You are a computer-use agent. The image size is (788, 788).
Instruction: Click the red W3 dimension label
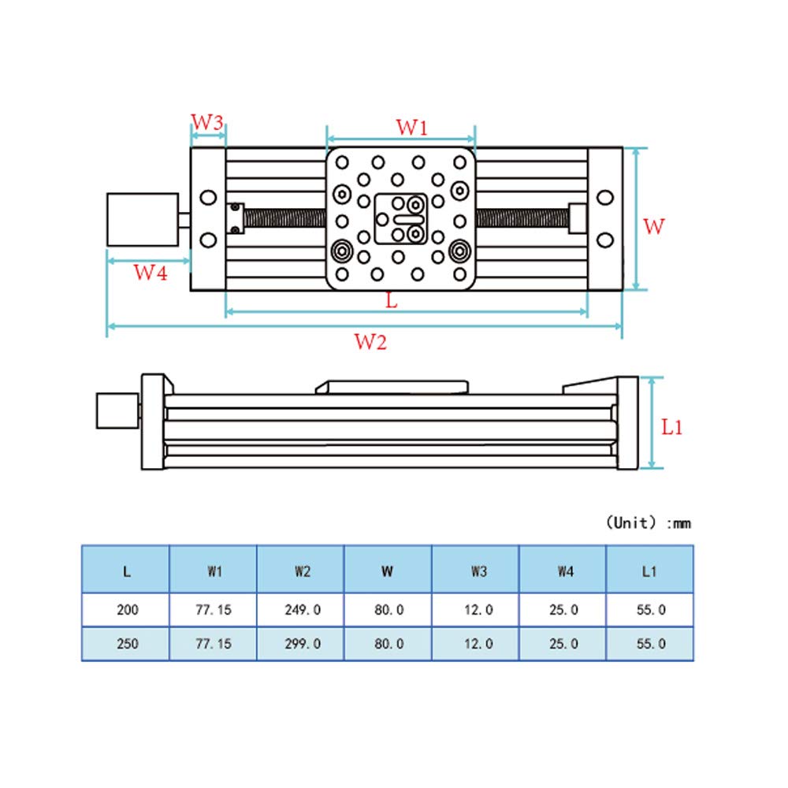coord(208,123)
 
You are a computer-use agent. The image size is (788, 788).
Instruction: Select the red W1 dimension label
coord(411,126)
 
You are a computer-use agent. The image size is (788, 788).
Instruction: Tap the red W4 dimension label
coord(150,273)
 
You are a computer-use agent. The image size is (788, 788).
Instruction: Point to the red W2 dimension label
coord(370,342)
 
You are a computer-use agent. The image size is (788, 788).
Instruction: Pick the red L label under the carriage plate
coord(392,299)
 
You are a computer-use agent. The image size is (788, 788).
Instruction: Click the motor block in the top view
coord(142,219)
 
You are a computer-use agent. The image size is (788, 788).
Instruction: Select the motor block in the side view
coord(117,411)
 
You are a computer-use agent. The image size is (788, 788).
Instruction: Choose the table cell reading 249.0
coord(302,609)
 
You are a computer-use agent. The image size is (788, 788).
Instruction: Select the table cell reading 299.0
coord(302,643)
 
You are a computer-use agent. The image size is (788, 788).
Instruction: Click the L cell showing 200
coord(126,609)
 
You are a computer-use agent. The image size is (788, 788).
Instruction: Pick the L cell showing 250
coord(126,643)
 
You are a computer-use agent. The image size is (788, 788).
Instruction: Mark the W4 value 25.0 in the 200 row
coord(563,609)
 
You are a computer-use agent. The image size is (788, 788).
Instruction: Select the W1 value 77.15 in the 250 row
coord(214,643)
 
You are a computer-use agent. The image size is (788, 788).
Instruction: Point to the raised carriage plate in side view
coord(392,386)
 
